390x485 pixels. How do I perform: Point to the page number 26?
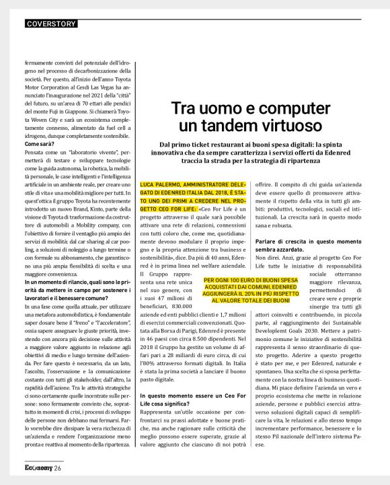[58, 468]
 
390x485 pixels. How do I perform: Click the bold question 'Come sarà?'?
[40, 144]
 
